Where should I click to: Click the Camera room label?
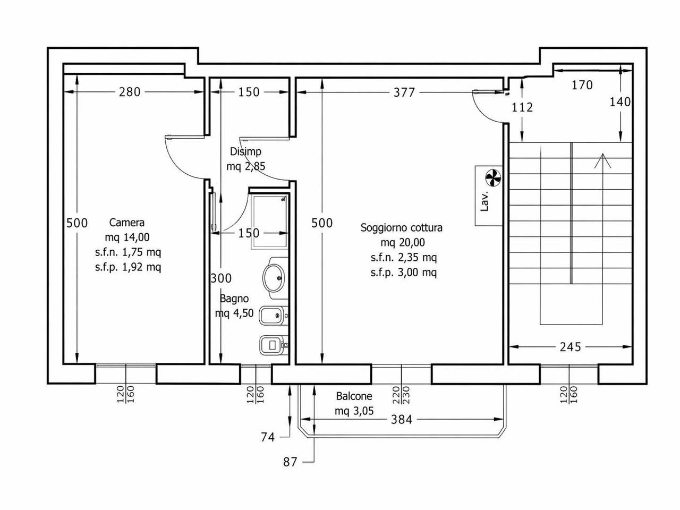coord(127,223)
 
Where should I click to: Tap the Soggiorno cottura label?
coord(402,227)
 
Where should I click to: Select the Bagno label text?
coord(234,299)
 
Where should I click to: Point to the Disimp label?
coord(245,152)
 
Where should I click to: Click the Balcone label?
coord(354,396)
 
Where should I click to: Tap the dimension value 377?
coord(404,92)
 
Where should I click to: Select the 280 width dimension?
coord(130,92)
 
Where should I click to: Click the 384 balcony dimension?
coord(402,420)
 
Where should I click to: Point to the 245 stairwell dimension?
coord(571,347)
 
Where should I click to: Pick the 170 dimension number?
coord(582,85)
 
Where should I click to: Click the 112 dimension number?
coord(522,107)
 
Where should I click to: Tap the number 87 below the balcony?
coord(290,462)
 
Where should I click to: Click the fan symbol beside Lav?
coord(493,178)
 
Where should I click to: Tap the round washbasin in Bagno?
coord(274,277)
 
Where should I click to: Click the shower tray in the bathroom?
coord(269,221)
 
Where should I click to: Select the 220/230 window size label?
coord(401,395)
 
